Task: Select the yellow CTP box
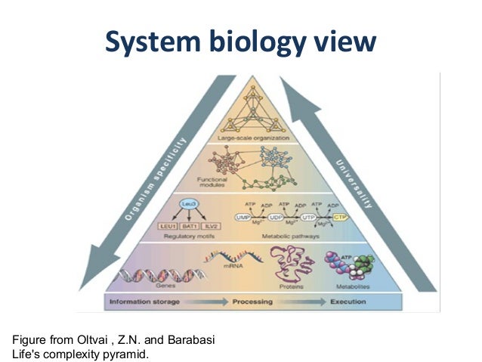pos(339,218)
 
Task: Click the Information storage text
pos(145,303)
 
